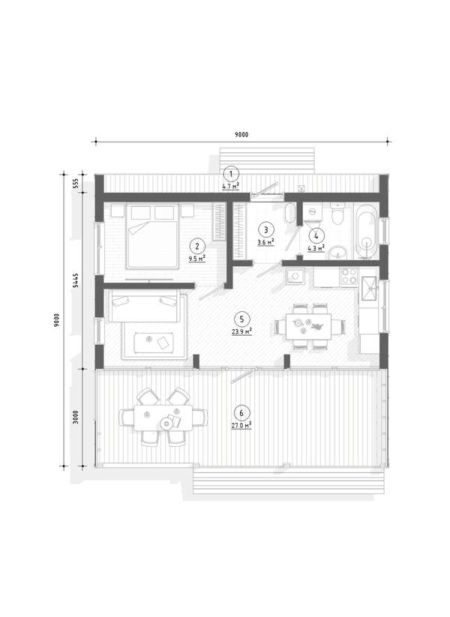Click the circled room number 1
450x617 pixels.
[x=231, y=173]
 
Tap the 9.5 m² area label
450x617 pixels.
[x=196, y=259]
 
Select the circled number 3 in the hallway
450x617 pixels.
[x=266, y=229]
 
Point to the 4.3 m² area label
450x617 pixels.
[x=316, y=248]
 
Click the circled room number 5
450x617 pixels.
[x=241, y=319]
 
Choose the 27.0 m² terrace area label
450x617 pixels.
[x=241, y=425]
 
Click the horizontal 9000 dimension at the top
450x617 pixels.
[x=241, y=135]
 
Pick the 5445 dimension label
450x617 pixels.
[x=76, y=280]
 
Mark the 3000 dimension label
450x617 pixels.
[x=76, y=417]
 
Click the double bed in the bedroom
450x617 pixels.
[x=152, y=236]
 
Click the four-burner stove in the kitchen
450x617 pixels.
[x=349, y=276]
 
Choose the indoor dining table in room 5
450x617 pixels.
[x=307, y=326]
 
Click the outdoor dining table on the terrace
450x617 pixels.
[x=163, y=418]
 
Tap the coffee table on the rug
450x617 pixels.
[x=154, y=343]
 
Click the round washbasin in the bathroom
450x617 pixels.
[x=338, y=252]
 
